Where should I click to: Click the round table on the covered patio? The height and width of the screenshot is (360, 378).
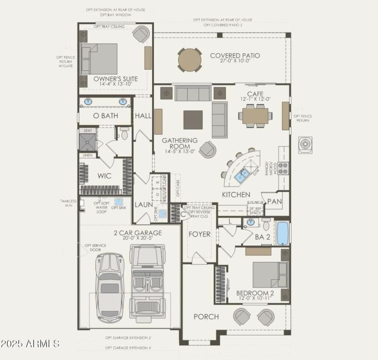[190, 60]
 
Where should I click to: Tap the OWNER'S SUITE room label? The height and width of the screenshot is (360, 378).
[115, 79]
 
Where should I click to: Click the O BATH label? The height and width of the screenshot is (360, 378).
[105, 116]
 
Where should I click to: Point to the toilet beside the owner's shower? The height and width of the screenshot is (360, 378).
[124, 134]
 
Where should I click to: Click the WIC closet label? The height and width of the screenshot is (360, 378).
[104, 176]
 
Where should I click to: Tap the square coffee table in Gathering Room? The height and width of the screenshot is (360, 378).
[193, 120]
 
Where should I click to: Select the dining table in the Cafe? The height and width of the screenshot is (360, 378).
[255, 116]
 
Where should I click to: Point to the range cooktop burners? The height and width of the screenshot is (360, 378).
[283, 168]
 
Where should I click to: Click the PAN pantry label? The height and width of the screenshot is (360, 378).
[275, 201]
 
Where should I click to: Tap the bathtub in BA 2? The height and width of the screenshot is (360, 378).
[282, 233]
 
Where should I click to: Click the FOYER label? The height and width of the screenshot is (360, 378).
[199, 234]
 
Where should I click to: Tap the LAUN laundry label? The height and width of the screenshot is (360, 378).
[143, 205]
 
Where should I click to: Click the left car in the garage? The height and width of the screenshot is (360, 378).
[109, 287]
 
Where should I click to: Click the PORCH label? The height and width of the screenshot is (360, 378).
[206, 316]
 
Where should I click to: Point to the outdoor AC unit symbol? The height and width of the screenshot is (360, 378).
[305, 144]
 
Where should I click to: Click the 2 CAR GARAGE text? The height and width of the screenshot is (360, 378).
[137, 233]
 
